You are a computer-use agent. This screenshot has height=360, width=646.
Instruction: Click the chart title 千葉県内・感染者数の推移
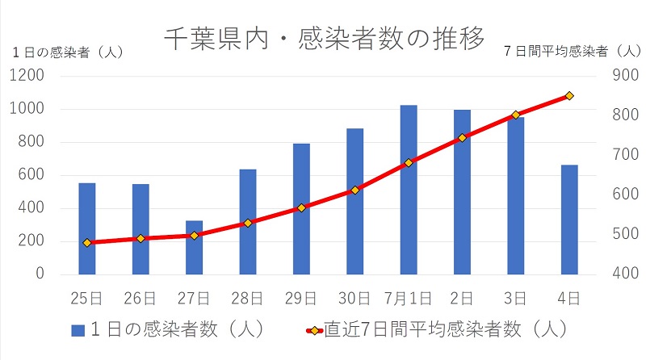point(323,37)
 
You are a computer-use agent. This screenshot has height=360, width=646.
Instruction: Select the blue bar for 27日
point(194,247)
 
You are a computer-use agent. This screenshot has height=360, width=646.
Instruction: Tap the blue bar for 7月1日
point(409,190)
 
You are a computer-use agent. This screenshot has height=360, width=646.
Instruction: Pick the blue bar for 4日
point(569,220)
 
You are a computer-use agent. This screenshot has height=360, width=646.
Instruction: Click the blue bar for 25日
point(87,228)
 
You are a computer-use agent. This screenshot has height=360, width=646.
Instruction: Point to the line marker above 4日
point(569,95)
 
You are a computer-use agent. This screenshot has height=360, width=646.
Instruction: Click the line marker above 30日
point(354,190)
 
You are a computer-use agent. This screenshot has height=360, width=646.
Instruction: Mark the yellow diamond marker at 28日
point(248,223)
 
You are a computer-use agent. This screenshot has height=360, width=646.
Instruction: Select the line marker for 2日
point(462,138)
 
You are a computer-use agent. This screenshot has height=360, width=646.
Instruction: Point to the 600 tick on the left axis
point(31,175)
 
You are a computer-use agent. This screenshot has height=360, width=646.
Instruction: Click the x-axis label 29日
point(301,299)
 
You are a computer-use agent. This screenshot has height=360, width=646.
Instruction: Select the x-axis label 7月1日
point(409,299)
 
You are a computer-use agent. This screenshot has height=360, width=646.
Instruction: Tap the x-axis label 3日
point(515,299)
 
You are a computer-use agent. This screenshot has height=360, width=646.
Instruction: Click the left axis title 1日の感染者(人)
point(68,52)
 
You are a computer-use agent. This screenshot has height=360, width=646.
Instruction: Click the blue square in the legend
point(78,330)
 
